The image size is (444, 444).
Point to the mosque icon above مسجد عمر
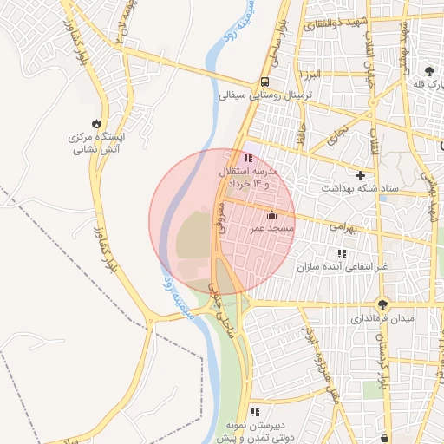tap(271, 214)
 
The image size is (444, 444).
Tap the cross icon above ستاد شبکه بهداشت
tap(360, 174)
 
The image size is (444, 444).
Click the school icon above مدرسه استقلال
tap(249, 159)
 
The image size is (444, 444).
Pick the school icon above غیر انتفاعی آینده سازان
tap(343, 253)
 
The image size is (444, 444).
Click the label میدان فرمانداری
tap(382, 317)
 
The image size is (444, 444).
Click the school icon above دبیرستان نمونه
tap(255, 412)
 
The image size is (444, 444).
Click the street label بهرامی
tap(343, 227)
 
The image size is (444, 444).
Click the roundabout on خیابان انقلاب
tap(373, 104)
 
